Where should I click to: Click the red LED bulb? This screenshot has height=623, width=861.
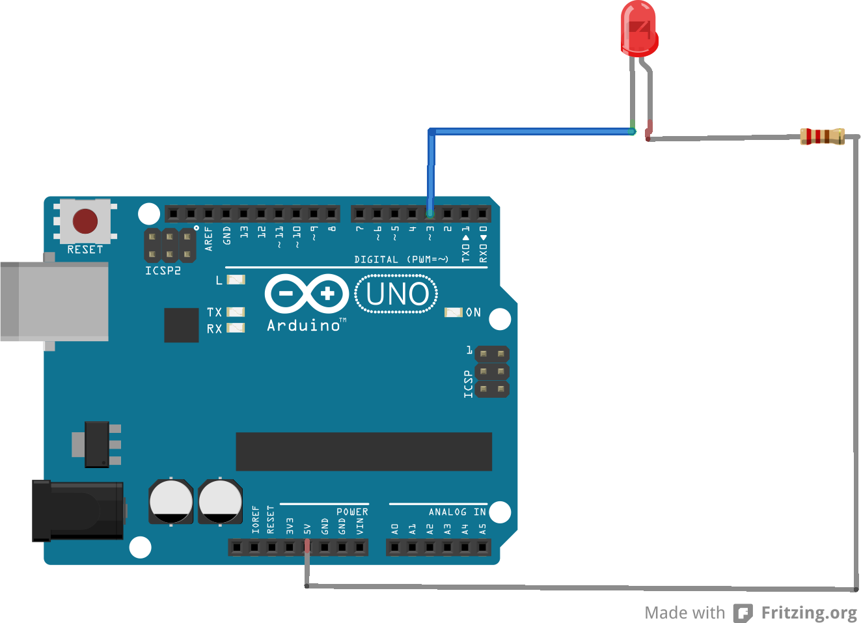638,28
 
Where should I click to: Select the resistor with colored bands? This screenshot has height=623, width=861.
822,136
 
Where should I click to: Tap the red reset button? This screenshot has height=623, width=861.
85,221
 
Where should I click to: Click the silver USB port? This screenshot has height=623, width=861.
55,301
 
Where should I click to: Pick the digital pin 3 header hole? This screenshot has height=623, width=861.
430,213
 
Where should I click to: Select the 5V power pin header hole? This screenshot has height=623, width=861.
307,547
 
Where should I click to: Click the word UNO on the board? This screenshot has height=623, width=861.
397,294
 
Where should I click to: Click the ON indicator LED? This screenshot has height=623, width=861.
454,312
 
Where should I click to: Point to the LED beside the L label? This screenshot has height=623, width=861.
236,280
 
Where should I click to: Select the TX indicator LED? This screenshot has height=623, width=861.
236,312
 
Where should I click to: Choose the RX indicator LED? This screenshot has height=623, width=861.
236,328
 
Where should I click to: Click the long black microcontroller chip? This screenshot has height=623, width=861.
363,451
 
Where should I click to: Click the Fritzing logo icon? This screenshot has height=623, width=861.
743,613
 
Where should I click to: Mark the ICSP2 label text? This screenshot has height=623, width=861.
163,271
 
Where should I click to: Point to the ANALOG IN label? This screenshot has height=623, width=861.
457,512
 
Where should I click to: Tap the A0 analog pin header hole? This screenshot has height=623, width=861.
394,547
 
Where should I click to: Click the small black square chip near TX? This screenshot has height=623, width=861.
181,325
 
